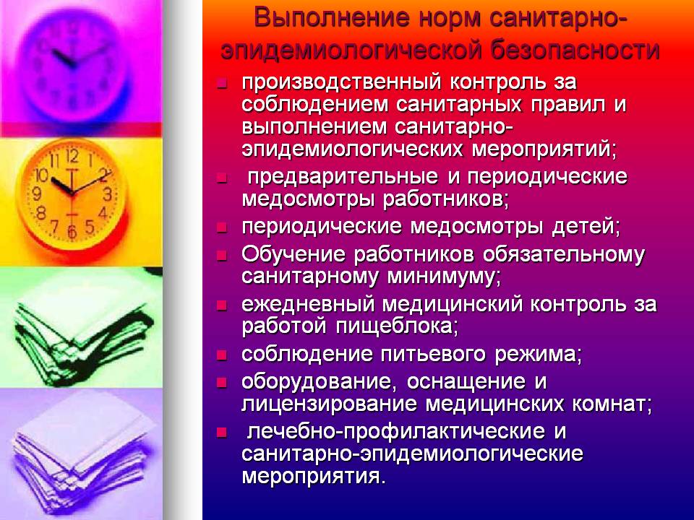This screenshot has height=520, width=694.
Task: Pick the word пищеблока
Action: (x=397, y=327)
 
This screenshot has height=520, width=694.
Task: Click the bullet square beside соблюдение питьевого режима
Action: (x=222, y=355)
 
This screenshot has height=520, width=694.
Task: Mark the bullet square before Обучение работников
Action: (x=222, y=255)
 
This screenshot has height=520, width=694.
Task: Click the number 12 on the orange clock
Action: (x=72, y=156)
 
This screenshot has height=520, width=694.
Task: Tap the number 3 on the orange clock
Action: (x=108, y=194)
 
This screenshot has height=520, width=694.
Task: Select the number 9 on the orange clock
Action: (x=38, y=194)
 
